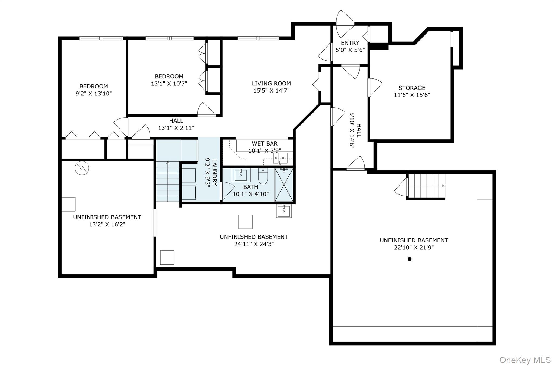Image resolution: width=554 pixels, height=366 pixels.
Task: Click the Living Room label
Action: click(271, 84)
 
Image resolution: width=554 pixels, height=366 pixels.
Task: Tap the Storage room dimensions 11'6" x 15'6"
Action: click(412, 95)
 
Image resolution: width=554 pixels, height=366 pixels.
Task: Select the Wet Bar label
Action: click(265, 144)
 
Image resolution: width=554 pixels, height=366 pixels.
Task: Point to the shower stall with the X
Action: click(284, 185)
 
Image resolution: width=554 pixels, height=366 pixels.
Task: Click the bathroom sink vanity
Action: click(241, 175)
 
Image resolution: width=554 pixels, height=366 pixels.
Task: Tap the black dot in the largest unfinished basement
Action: click(410, 259)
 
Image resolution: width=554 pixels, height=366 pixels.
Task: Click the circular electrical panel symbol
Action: click(82, 168)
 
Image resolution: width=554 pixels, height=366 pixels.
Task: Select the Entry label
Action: click(350, 43)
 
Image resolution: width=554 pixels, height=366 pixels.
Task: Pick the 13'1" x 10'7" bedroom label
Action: click(169, 80)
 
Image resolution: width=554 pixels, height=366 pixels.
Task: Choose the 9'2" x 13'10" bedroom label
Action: click(94, 90)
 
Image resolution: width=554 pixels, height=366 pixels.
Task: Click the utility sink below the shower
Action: click(284, 211)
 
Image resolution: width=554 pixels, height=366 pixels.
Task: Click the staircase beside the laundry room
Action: click(168, 181)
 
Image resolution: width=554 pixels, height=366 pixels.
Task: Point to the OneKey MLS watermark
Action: click(525, 360)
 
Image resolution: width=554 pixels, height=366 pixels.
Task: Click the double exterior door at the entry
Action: click(345, 24)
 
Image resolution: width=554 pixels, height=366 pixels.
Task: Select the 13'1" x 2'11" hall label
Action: click(176, 124)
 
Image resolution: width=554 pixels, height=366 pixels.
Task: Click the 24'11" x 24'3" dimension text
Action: click(254, 244)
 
